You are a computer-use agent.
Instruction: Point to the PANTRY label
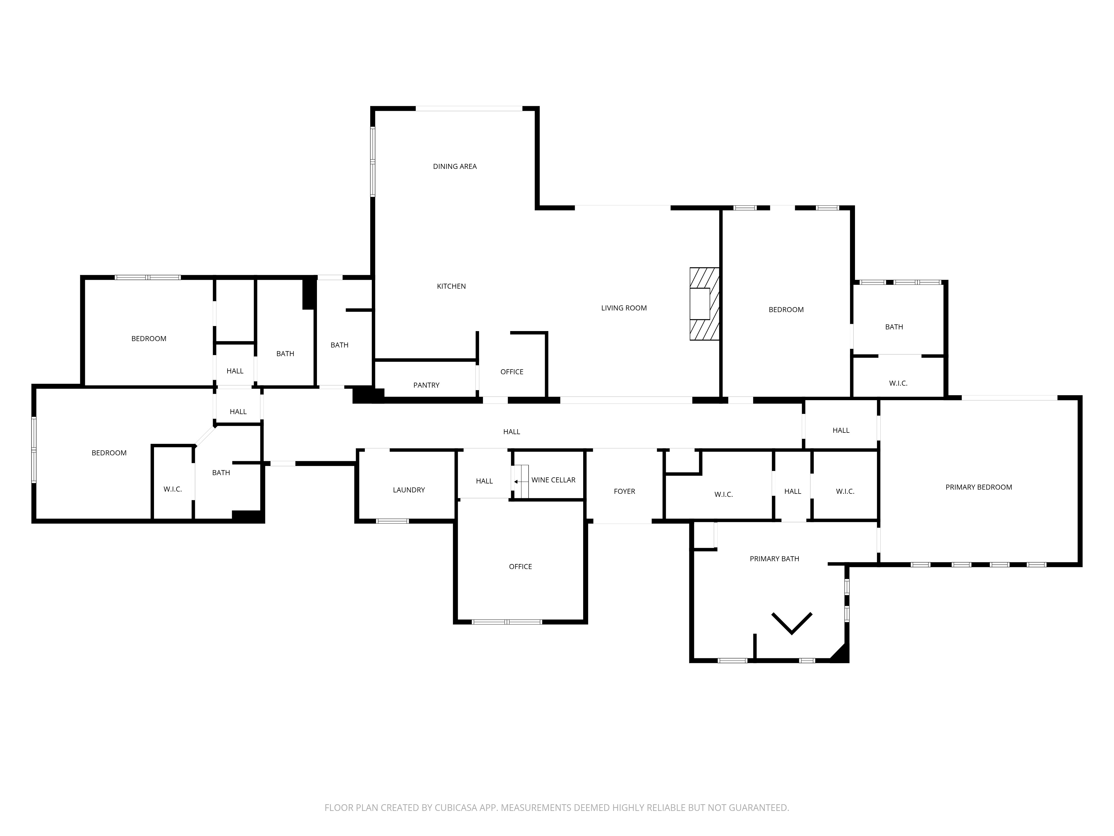[x=426, y=385]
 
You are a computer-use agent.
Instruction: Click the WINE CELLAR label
[x=553, y=480]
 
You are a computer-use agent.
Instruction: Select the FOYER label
[x=624, y=491]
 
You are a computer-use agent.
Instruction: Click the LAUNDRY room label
[x=409, y=490]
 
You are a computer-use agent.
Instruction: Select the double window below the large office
[x=507, y=622]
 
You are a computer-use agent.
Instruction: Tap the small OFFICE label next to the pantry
[x=512, y=372]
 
